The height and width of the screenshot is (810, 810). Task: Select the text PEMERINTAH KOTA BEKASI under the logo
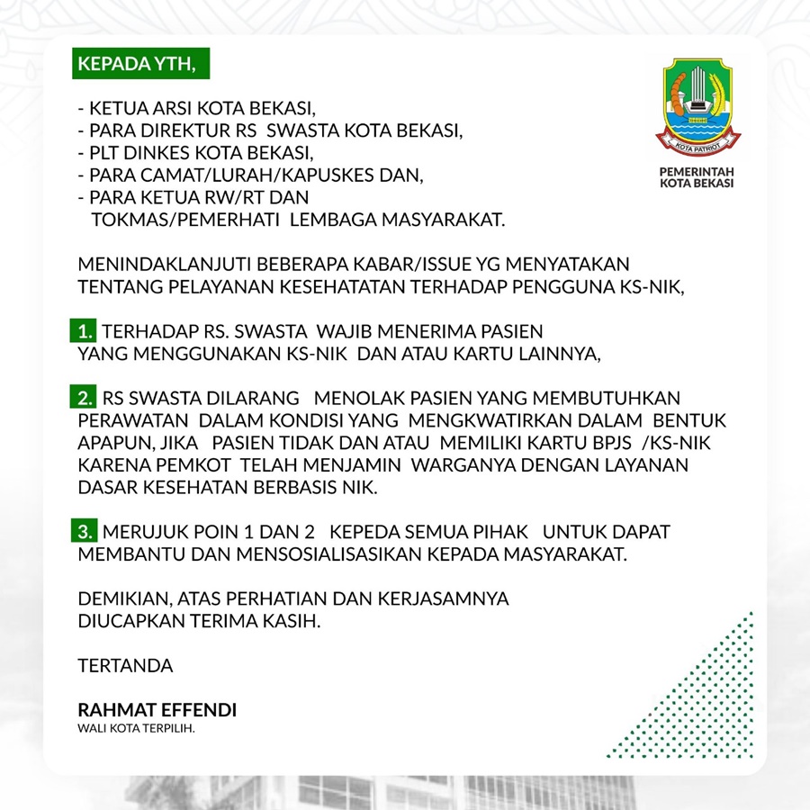point(697,176)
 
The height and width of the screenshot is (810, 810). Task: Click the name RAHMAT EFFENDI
point(157,710)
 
